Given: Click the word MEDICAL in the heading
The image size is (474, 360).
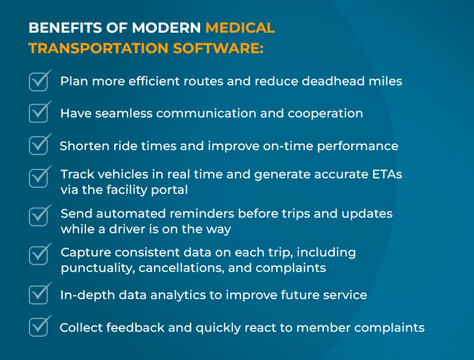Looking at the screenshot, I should [x=239, y=28].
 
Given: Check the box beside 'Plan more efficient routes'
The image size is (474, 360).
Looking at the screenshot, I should [x=38, y=81].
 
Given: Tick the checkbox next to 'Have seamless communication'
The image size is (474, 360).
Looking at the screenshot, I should [x=38, y=113].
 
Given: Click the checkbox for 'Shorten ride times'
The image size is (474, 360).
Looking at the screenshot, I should [x=38, y=146].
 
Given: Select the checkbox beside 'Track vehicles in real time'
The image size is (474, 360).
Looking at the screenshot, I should [x=38, y=178].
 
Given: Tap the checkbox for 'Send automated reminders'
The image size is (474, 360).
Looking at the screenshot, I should [x=38, y=216].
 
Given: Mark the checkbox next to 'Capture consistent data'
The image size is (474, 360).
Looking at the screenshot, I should [x=38, y=255].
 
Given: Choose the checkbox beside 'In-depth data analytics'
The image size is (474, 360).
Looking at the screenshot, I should [x=38, y=295].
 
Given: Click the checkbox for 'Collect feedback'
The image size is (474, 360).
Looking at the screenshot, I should [x=38, y=327].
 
